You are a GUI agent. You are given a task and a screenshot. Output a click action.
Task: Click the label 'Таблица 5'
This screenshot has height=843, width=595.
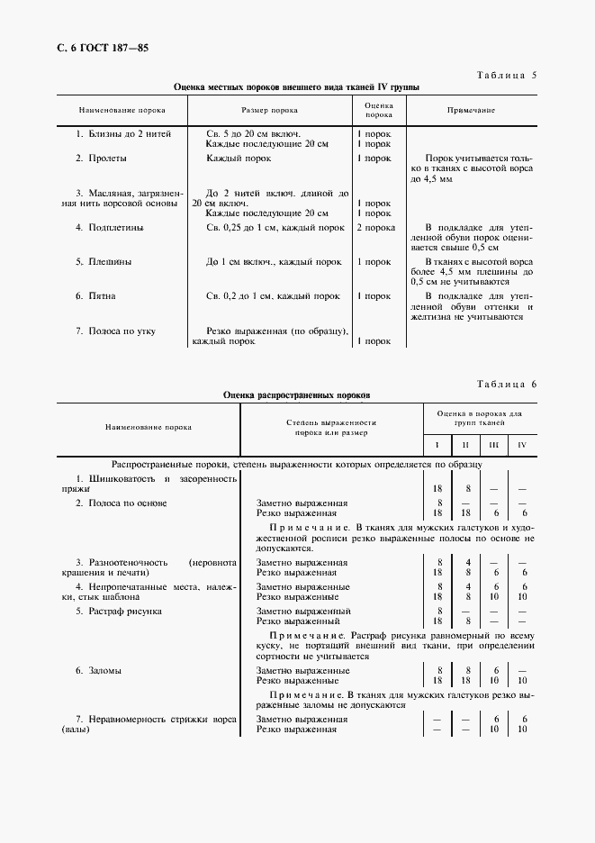pyautogui.click(x=504, y=75)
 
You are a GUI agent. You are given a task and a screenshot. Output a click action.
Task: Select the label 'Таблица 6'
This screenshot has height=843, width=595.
pyautogui.click(x=504, y=384)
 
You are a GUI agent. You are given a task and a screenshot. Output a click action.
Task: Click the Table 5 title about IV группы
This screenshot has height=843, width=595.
pyautogui.click(x=296, y=87)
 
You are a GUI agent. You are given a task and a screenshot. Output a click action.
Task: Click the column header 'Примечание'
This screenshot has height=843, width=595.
pyautogui.click(x=472, y=110)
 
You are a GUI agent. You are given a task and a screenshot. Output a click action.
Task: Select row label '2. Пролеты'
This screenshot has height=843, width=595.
pyautogui.click(x=101, y=158)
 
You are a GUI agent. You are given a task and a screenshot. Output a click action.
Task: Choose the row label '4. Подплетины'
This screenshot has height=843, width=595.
pyautogui.click(x=110, y=228)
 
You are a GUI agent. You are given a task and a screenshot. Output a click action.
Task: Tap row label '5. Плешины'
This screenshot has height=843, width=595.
pyautogui.click(x=104, y=262)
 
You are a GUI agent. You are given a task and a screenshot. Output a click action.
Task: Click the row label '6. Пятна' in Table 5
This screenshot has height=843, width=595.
pyautogui.click(x=95, y=295)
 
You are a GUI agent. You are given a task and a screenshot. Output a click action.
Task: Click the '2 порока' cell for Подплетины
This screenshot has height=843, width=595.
pyautogui.click(x=375, y=228)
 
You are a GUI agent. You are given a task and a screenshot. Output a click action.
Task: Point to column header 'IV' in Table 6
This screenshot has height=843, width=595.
pyautogui.click(x=522, y=445)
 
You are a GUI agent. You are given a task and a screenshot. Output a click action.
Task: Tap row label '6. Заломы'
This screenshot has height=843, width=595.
pyautogui.click(x=99, y=671)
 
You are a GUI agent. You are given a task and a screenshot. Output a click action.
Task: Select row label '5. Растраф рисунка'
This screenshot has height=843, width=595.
pyautogui.click(x=119, y=612)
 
